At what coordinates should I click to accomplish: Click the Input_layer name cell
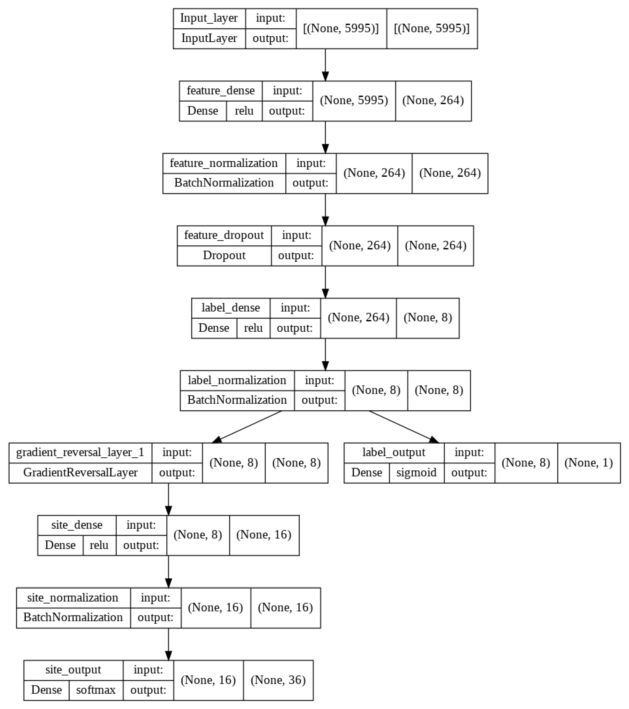pyautogui.click(x=209, y=18)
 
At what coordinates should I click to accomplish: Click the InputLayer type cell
pyautogui.click(x=209, y=38)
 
